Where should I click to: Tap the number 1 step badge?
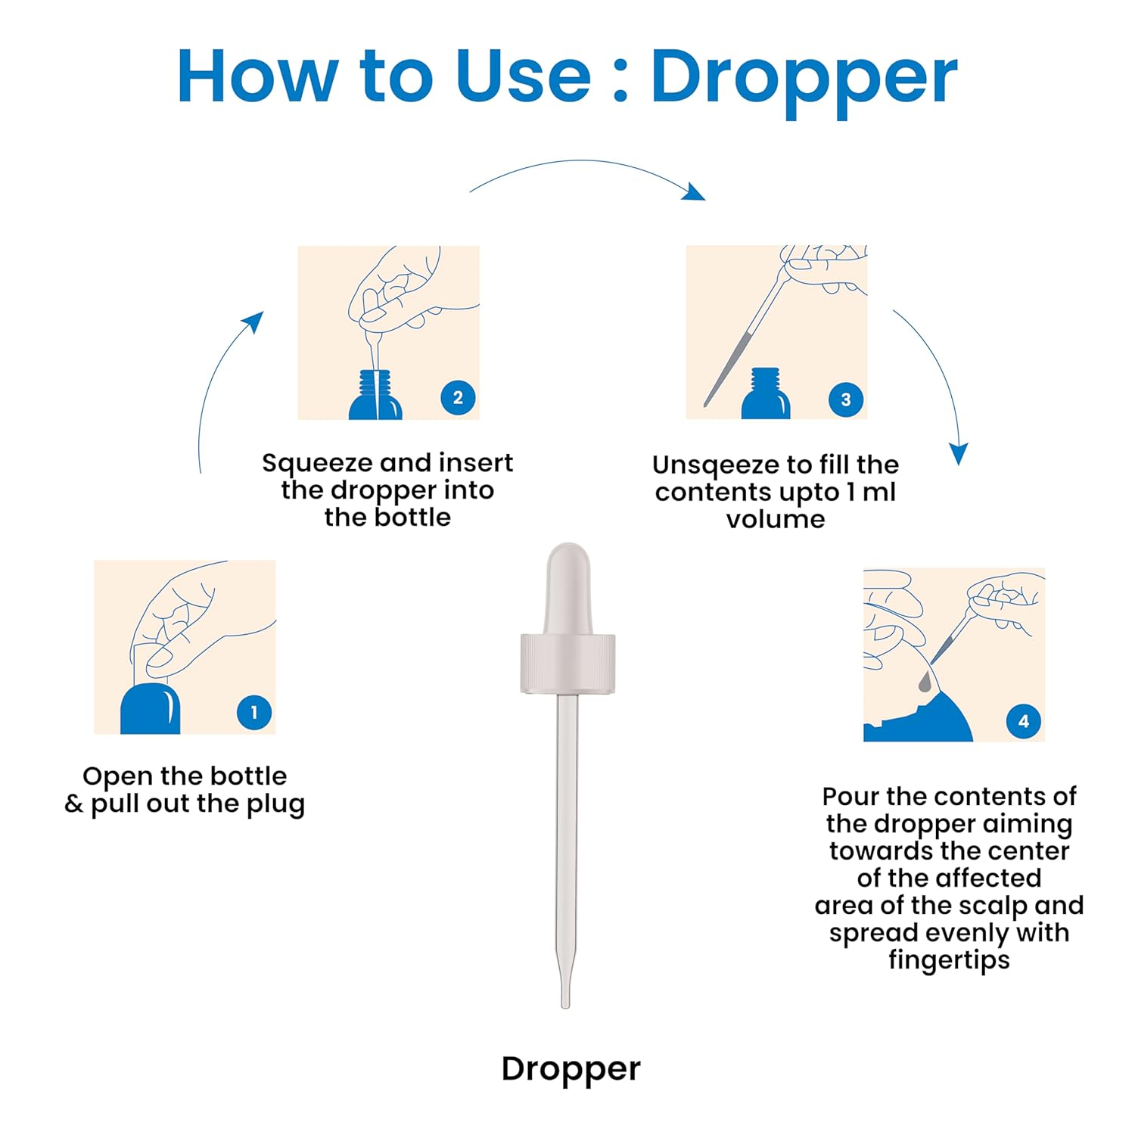(254, 713)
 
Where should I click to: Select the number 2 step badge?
(458, 398)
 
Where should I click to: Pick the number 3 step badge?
(846, 400)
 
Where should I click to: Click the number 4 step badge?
(1024, 721)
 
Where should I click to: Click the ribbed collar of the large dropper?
(567, 664)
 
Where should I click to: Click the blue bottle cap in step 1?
(150, 709)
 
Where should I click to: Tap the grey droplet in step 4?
(925, 683)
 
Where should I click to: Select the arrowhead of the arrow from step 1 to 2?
(253, 322)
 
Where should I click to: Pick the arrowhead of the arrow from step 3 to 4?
(959, 453)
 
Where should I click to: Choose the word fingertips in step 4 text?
(949, 960)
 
